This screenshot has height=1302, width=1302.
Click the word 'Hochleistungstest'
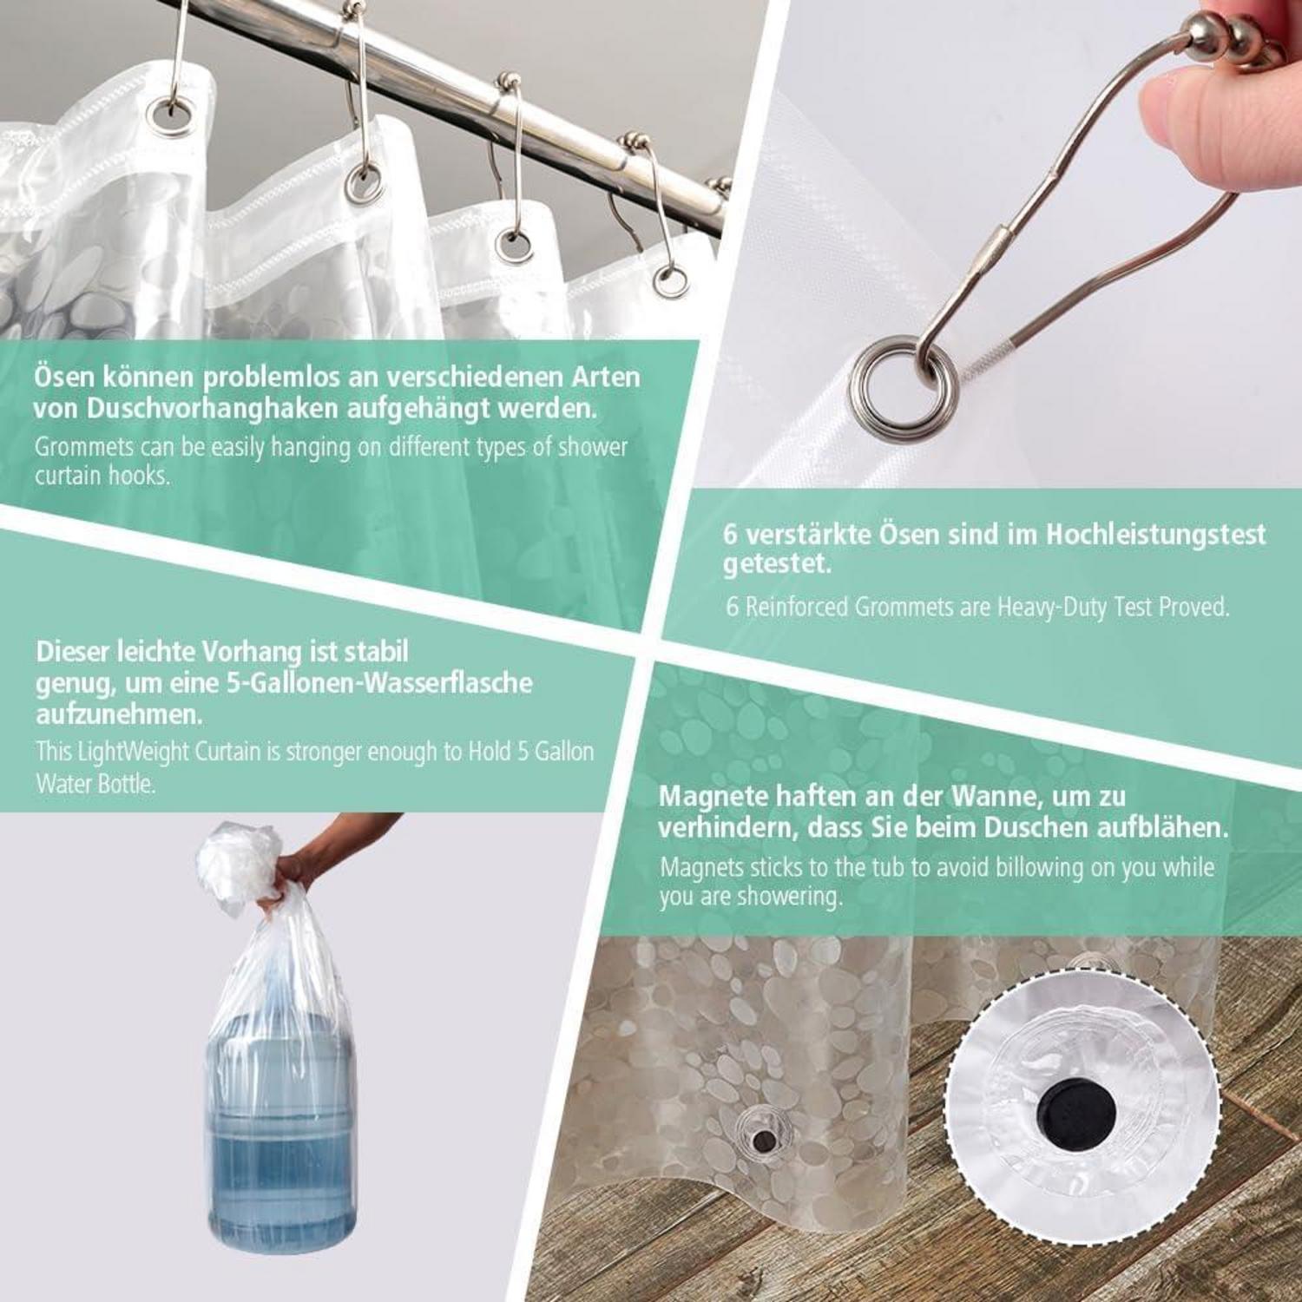[1155, 534]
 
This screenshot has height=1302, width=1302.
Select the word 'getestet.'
[778, 564]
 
